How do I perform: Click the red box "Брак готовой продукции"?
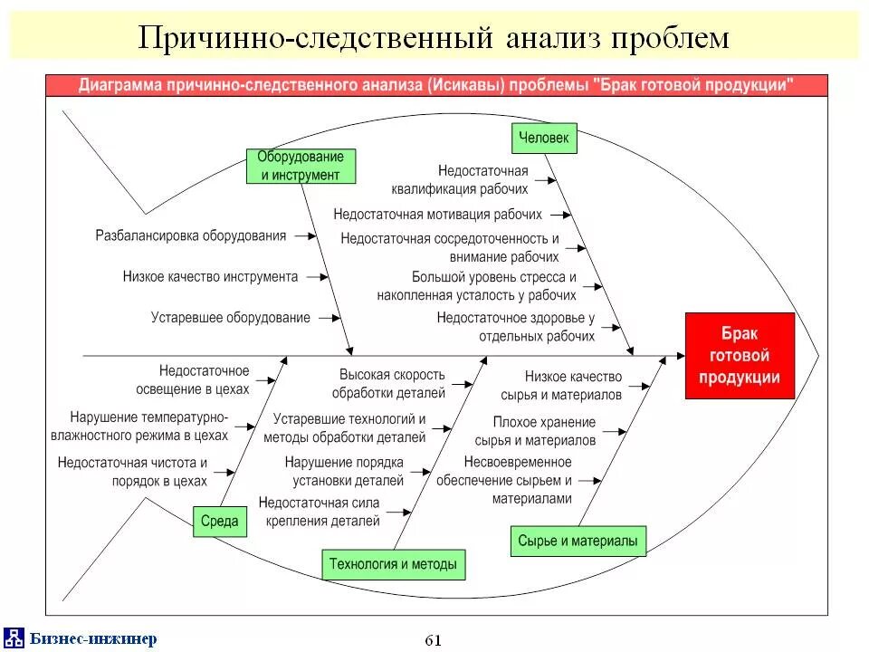740,355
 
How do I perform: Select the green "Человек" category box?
543,138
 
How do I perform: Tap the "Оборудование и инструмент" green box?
301,167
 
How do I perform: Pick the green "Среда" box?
220,521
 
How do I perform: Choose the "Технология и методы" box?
394,564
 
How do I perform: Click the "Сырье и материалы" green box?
578,542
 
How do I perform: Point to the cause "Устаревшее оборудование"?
231,318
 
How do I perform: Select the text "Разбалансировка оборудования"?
191,235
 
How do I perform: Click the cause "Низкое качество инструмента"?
210,276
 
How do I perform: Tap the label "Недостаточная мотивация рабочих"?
437,215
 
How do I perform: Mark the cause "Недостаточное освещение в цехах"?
204,380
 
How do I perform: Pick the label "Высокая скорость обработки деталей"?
393,384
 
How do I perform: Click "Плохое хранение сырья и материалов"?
544,431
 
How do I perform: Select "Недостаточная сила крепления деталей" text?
319,512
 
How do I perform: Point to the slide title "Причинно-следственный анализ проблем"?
433,37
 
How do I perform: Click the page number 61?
433,640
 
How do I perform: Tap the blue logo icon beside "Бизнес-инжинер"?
14,638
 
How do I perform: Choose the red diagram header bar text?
436,85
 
